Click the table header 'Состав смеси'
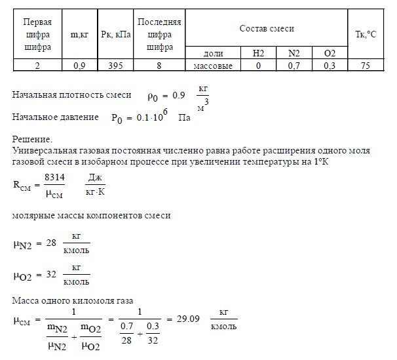pos(267,30)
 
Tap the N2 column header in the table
pos(291,52)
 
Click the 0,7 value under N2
pos(291,65)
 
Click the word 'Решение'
pos(31,139)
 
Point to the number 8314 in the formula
pos(54,177)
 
